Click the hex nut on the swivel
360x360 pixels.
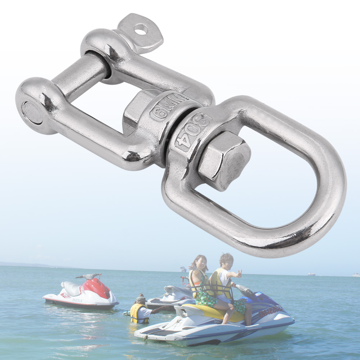pos(224,160)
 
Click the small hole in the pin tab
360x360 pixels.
pos(141,29)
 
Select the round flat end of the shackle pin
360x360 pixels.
pos(32,113)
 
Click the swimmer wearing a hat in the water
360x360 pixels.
pos(141,309)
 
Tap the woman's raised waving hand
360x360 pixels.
pos(191,268)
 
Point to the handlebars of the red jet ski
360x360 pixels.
pos(88,276)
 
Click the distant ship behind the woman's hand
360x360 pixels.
pos(183,269)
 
